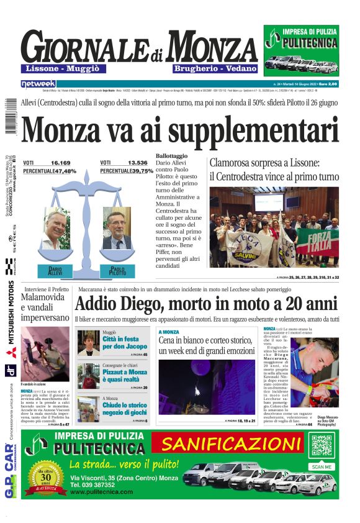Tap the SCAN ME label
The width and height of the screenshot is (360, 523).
pos(322,466)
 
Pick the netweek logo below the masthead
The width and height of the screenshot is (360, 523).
pos(38,83)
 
